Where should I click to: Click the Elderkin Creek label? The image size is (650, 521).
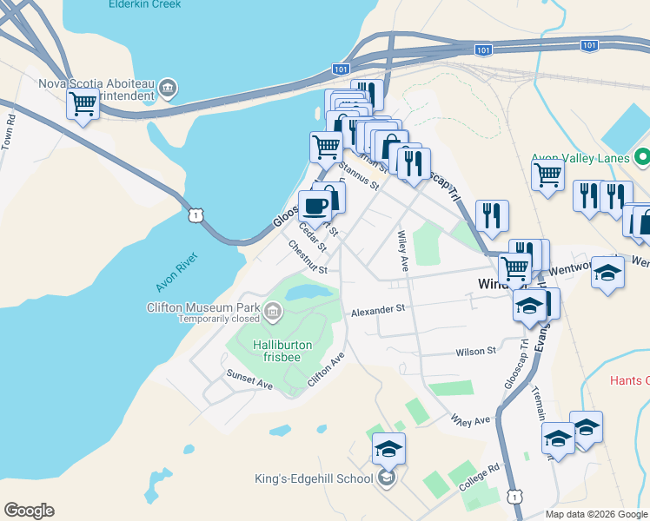(x=145, y=4)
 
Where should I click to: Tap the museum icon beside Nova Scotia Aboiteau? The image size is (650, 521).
(x=169, y=87)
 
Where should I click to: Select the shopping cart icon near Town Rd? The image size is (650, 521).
(x=83, y=105)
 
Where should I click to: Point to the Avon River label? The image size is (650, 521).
(x=178, y=272)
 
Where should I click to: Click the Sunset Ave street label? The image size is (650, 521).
(x=249, y=379)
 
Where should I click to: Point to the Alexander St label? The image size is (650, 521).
(x=378, y=309)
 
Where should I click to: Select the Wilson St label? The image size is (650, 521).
(x=475, y=351)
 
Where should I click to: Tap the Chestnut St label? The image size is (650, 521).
(x=308, y=258)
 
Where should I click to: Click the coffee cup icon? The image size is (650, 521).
(x=314, y=206)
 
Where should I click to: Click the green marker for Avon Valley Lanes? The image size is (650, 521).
(x=642, y=158)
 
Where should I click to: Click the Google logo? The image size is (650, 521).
(x=29, y=511)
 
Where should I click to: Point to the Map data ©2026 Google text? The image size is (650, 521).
(x=597, y=514)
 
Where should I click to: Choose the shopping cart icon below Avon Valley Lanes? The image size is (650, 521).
(x=547, y=174)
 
